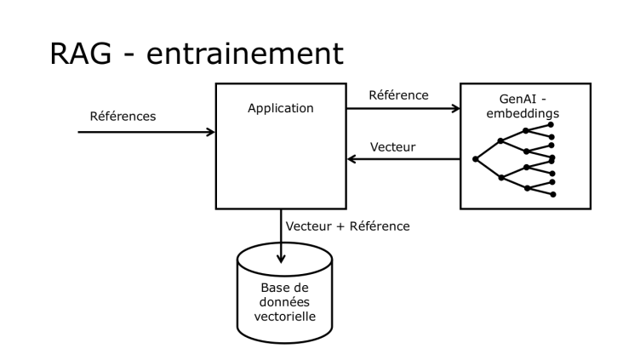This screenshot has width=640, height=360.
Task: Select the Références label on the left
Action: pos(123,117)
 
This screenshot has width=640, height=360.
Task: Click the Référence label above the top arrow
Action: pos(399,96)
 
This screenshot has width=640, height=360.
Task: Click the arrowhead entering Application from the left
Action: pos(211,132)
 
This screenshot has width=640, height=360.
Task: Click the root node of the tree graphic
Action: pos(475,159)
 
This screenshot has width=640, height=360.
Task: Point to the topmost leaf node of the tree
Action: pos(553,125)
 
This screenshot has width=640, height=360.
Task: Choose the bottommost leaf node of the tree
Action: pos(553,195)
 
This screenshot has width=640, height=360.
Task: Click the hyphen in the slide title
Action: pos(136,56)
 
